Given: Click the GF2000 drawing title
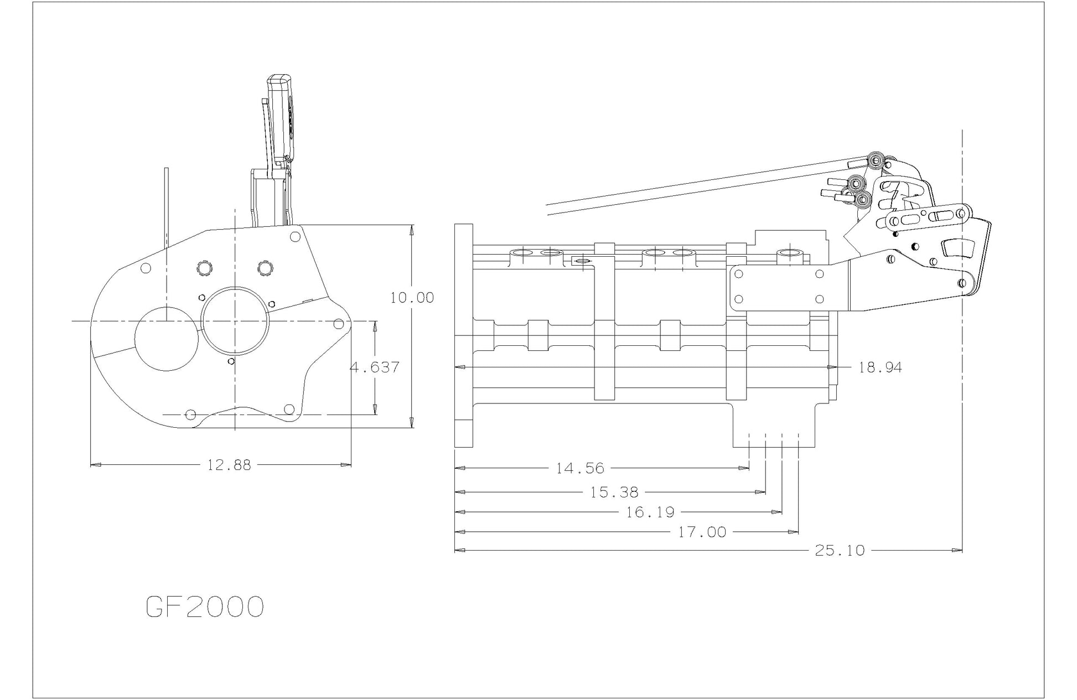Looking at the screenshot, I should [204, 608].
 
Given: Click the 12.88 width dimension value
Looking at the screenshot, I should [229, 465].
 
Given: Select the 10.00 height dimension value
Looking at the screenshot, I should [412, 298].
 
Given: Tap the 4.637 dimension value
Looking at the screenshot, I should [375, 367].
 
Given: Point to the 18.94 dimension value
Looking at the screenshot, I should [880, 367].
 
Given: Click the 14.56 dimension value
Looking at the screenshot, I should [580, 469].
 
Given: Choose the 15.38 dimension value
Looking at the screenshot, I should [614, 492].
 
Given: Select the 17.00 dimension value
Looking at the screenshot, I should [702, 532].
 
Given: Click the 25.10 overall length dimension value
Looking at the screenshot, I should [839, 551].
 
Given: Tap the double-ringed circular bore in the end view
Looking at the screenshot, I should [236, 321].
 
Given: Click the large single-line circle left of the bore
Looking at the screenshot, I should [167, 338].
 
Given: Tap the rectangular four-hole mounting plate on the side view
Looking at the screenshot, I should [778, 287].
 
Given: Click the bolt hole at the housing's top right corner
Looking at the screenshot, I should [295, 236].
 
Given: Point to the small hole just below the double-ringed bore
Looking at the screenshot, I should [231, 361].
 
